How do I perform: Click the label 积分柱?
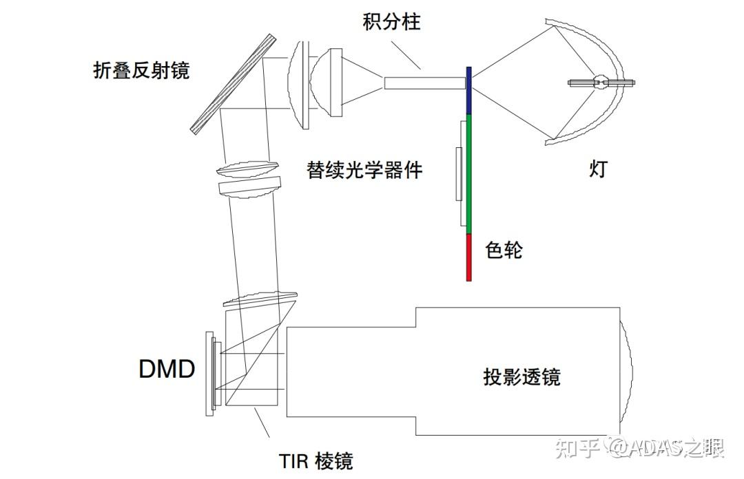[x=391, y=22]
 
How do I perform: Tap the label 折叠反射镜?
[x=141, y=70]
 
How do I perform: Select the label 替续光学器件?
[x=364, y=169]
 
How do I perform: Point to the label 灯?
[x=598, y=169]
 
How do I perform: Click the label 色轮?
[x=504, y=249]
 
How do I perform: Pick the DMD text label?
[x=167, y=370]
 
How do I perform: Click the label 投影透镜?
[x=521, y=377]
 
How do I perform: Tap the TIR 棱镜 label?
[x=316, y=460]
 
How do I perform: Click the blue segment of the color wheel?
[x=469, y=89]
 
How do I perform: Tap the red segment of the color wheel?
[x=469, y=257]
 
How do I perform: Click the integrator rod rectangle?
[x=424, y=83]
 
